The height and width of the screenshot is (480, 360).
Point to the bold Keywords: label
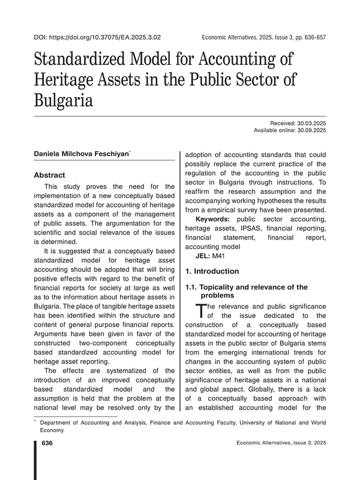pos(213,219)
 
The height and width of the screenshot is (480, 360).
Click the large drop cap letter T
pos(201,311)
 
